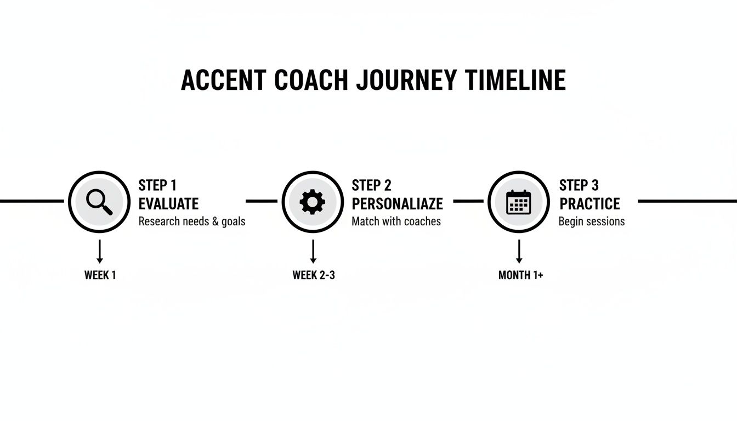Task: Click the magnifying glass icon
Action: tap(99, 202)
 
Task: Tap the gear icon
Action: tap(313, 202)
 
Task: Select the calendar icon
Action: tap(518, 202)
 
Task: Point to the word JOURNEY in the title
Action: tap(406, 81)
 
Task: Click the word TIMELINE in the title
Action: tap(515, 81)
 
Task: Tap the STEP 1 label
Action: tap(157, 185)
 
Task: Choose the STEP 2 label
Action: tap(371, 185)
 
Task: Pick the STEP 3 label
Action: tap(579, 185)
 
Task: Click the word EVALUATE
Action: tap(168, 204)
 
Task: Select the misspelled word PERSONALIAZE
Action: tap(397, 204)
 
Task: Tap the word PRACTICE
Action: tap(589, 204)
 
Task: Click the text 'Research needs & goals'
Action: tap(192, 221)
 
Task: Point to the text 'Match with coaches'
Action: tap(396, 221)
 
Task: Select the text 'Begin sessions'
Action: tap(591, 221)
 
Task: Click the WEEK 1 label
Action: tap(100, 275)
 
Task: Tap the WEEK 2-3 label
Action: tap(313, 275)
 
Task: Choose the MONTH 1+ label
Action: tap(520, 275)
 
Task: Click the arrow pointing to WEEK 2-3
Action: tap(313, 252)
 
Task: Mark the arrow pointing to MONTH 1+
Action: tap(519, 252)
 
